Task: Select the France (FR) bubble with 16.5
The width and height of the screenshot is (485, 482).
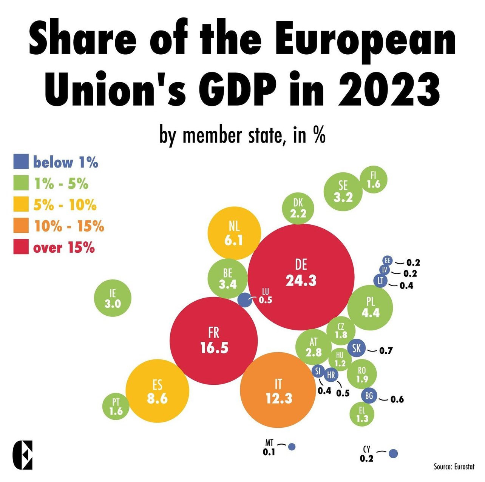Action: [214, 341]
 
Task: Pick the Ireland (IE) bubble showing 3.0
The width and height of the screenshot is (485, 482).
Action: [113, 299]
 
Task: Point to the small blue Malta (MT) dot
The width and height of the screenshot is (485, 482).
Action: [292, 447]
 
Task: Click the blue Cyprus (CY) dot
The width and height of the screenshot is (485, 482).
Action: [393, 453]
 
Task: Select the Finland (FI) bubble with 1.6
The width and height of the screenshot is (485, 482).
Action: [374, 180]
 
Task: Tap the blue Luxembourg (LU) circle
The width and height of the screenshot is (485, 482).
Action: [245, 301]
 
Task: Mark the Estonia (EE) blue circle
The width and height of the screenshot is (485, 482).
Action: [387, 260]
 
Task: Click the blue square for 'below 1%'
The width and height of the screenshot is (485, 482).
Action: [21, 161]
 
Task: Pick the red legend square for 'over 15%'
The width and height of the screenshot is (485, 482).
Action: [21, 247]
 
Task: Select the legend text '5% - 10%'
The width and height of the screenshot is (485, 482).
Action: [65, 205]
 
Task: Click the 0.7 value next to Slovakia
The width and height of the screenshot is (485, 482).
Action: [386, 351]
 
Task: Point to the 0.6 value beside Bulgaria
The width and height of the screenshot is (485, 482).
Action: [397, 399]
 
